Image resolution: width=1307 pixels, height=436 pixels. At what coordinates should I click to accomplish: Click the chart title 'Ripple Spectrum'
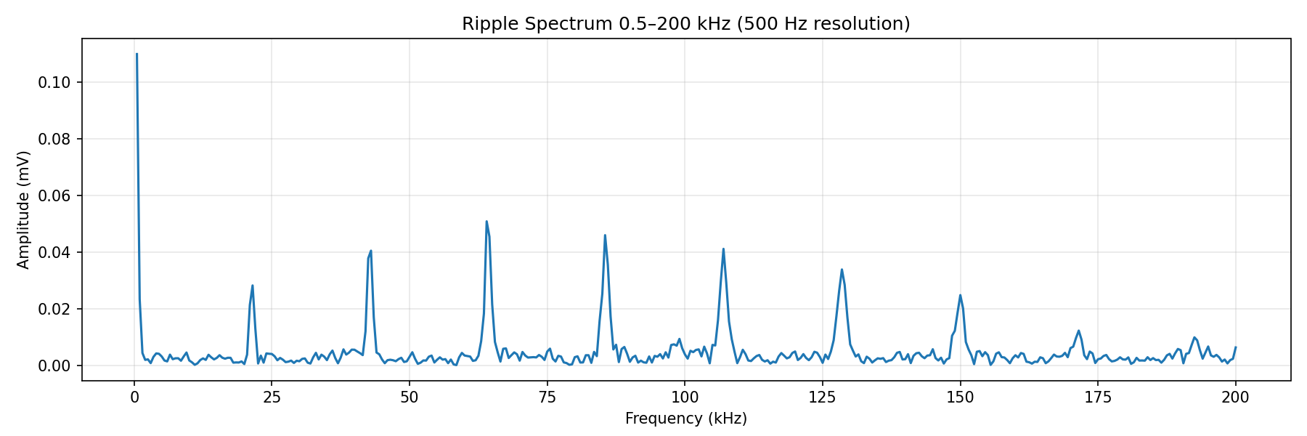(x=685, y=24)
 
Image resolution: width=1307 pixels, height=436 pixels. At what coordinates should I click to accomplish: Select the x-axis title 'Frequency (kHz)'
(x=685, y=419)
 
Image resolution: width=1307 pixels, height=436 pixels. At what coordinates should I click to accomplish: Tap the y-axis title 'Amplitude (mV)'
(x=23, y=210)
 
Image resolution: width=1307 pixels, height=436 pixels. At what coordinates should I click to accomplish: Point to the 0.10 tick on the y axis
(x=54, y=82)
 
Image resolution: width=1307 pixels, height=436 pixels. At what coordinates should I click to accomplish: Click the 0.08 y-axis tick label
(x=54, y=139)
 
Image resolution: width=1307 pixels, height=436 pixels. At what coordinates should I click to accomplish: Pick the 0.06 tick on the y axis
(x=54, y=195)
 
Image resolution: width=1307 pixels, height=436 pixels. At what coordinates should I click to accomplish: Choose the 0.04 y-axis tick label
(x=54, y=252)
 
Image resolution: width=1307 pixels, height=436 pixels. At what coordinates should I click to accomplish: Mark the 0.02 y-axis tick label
(x=54, y=309)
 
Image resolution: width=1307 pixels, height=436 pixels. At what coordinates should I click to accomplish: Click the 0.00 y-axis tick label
(x=54, y=366)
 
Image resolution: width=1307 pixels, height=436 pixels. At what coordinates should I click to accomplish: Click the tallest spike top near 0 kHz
(x=137, y=54)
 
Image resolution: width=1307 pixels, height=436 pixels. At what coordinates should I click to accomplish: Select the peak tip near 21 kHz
(x=252, y=286)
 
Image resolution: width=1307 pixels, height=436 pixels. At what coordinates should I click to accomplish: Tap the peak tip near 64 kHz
(x=486, y=222)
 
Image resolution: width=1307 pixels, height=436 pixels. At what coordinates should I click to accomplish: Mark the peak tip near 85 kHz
(x=605, y=235)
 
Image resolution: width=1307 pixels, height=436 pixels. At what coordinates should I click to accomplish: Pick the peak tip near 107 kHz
(x=723, y=249)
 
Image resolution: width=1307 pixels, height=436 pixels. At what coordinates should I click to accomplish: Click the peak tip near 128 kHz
(x=842, y=270)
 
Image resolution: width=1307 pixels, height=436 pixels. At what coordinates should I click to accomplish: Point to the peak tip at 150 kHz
(x=960, y=295)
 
